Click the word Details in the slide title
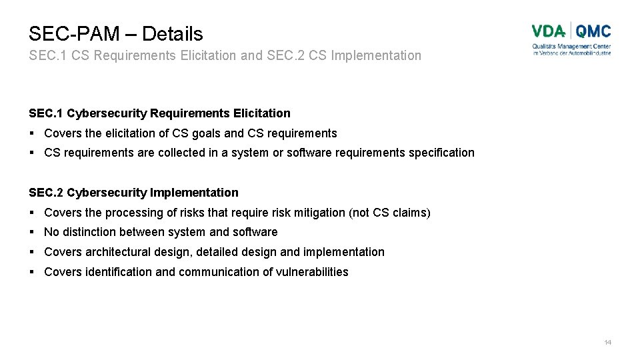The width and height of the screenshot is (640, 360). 172,33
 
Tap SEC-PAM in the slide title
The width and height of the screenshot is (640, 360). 73,33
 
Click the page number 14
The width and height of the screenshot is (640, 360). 607,342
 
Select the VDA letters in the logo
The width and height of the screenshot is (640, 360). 548,31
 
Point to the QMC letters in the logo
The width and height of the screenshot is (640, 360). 593,31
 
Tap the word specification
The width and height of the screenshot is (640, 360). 441,153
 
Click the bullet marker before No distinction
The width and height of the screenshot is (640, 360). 32,232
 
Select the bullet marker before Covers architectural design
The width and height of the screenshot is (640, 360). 32,252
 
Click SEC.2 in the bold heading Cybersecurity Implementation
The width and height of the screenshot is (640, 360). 45,193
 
